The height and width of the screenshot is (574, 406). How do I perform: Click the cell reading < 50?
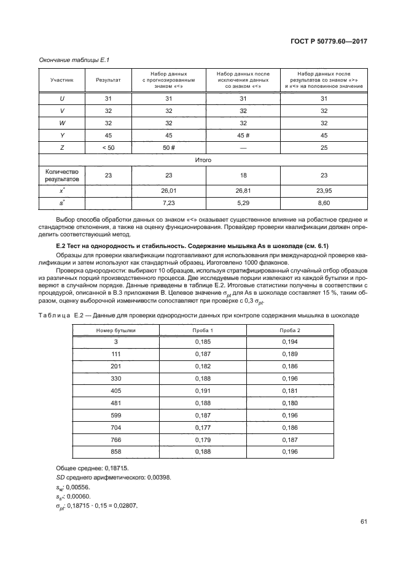(108, 147)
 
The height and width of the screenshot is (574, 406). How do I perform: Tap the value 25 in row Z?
(324, 147)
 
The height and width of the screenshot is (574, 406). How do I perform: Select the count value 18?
(243, 175)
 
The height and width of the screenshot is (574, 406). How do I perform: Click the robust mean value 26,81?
(243, 190)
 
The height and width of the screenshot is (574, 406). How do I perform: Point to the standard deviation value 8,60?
(324, 203)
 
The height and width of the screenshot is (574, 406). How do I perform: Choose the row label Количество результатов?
(62, 175)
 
